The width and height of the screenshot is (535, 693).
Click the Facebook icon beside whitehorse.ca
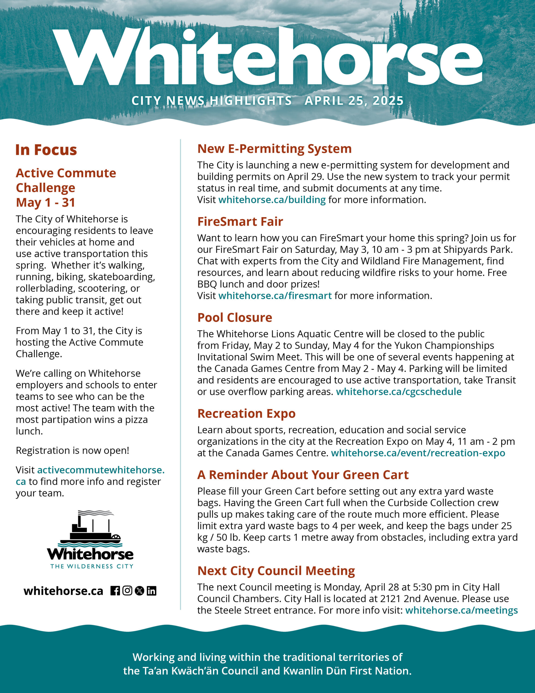coord(115,591)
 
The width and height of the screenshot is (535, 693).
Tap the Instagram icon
coord(127,591)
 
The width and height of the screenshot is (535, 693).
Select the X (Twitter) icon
coord(140,591)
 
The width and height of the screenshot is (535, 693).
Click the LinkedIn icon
coord(151,591)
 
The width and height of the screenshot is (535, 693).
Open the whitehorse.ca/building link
coord(272,200)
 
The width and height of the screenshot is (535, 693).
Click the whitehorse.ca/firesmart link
coord(275,295)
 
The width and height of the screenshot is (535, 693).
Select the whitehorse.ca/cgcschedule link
coord(399,391)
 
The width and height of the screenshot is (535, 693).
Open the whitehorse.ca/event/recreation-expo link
coord(418,453)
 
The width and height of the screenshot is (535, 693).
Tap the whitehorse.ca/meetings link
coord(461,610)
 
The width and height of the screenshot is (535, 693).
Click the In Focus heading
coord(46,150)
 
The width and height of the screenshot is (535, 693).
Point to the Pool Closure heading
coord(235,318)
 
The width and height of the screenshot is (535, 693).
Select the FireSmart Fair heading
coord(240,221)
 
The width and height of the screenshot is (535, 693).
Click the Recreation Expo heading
coord(246,413)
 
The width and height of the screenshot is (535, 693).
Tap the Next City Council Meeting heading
coord(276,571)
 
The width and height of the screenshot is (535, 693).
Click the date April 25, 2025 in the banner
coord(354,101)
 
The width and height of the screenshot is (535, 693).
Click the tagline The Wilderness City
coord(92,566)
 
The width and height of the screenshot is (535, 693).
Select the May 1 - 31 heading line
coord(46,202)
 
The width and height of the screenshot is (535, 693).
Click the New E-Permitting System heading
coord(274,149)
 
